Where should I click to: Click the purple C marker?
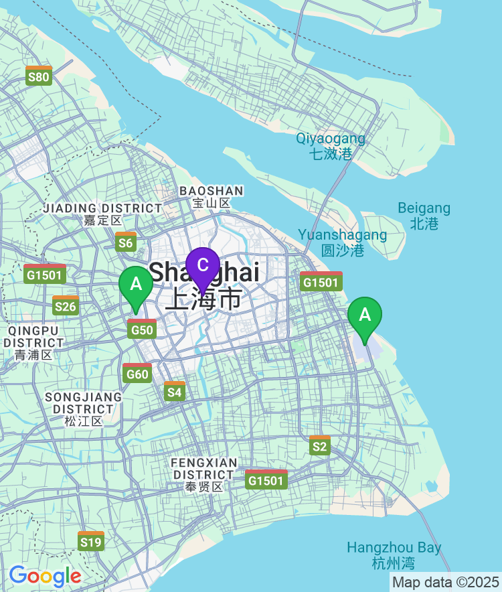(x=203, y=266)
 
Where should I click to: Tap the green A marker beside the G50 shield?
(x=136, y=285)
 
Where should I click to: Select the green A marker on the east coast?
(x=365, y=315)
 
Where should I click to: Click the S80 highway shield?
(x=39, y=76)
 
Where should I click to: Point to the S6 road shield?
(x=125, y=242)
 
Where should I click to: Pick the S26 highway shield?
(x=65, y=305)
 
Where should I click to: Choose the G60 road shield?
(x=137, y=372)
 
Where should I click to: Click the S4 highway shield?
(x=174, y=390)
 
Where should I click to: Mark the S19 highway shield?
(x=90, y=540)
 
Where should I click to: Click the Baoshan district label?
(x=211, y=197)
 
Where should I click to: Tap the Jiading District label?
(x=102, y=214)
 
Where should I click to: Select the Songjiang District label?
(x=84, y=409)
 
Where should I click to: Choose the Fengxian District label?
(x=204, y=474)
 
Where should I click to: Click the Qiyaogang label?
(x=331, y=146)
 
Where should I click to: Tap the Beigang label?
(x=424, y=216)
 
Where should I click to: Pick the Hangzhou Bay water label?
(x=394, y=555)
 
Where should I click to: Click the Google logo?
(x=45, y=576)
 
